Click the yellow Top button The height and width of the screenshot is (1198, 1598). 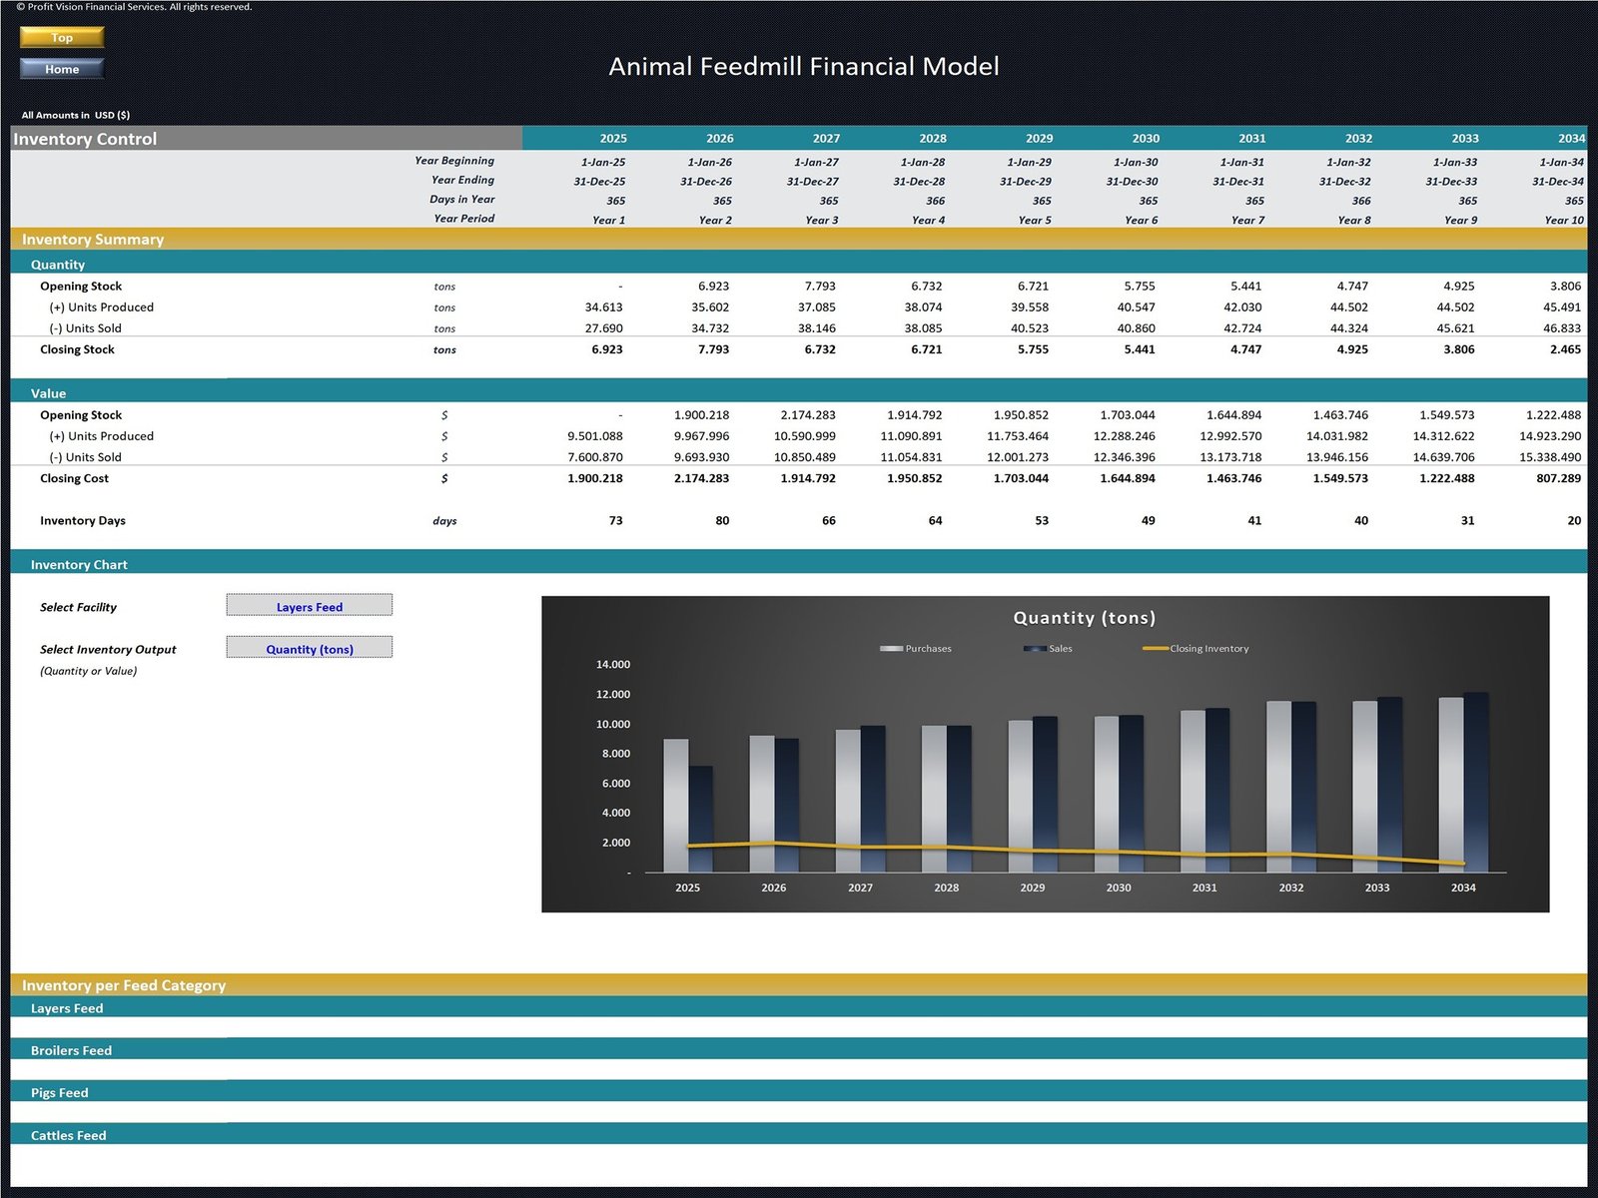point(62,38)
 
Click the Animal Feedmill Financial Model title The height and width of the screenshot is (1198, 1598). point(803,67)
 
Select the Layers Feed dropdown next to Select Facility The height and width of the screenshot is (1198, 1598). point(310,606)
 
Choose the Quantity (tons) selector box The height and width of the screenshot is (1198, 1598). point(310,648)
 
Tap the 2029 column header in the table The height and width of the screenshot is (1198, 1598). point(1039,139)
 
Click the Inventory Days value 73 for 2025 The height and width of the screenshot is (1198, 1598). point(615,521)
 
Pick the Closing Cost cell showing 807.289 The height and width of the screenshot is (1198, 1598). point(1558,479)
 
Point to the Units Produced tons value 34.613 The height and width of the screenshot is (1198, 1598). point(603,307)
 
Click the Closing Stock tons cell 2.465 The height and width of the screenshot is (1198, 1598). point(1564,350)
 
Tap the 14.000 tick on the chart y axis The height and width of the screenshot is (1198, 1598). point(612,665)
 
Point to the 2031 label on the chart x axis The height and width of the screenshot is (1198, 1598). point(1204,888)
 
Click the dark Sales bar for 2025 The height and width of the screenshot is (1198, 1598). point(701,819)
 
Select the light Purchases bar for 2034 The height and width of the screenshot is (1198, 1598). point(1450,784)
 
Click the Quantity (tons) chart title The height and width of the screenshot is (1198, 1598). point(1084,618)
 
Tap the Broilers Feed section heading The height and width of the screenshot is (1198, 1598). point(71,1051)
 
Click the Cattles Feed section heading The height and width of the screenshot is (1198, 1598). point(68,1136)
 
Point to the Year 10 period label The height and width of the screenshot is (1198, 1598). point(1563,221)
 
